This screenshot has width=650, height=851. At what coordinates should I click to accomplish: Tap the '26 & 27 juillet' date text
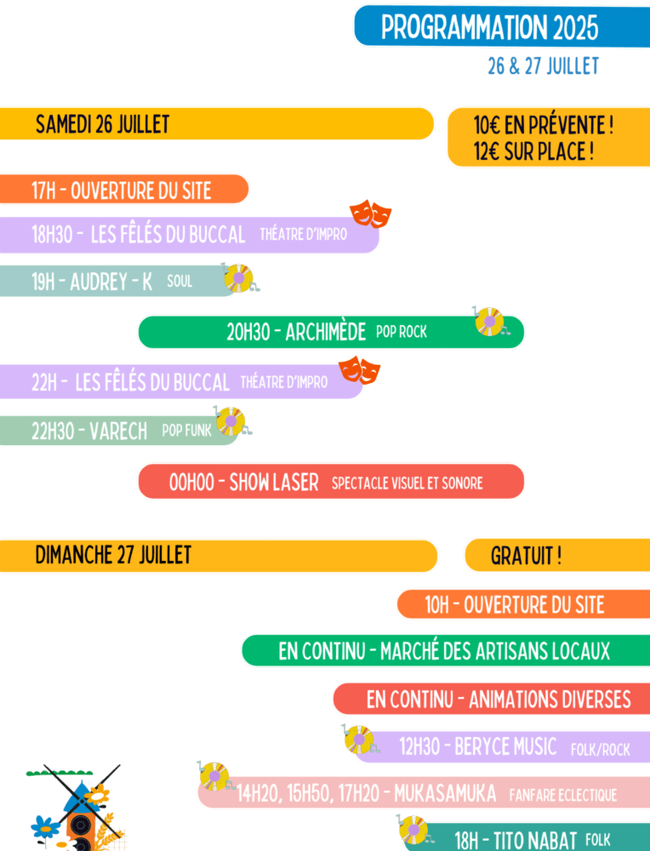tap(543, 66)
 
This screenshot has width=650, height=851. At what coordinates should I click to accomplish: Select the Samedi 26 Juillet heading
tap(102, 124)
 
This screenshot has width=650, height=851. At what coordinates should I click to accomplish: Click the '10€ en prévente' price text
tap(543, 126)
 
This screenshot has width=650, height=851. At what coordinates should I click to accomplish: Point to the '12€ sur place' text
tap(533, 152)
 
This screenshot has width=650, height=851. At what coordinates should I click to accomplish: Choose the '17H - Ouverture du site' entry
tap(121, 190)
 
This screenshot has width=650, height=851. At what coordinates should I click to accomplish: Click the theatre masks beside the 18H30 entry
tap(370, 214)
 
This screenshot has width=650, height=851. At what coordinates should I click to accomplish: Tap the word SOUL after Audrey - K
tap(180, 282)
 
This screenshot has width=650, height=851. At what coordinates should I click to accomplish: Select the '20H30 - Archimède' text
tap(296, 332)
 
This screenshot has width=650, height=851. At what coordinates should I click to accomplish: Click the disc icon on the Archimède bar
tap(489, 321)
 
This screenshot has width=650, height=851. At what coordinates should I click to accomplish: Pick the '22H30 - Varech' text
tap(89, 431)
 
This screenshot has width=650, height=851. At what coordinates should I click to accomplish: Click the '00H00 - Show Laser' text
tap(243, 483)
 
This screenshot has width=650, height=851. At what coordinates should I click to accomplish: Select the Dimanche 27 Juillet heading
tap(113, 556)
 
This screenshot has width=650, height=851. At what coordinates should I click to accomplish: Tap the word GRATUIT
tap(526, 557)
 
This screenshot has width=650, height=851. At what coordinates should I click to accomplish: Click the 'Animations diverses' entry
tap(499, 700)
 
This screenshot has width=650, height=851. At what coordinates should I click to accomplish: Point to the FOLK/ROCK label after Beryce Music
tap(601, 750)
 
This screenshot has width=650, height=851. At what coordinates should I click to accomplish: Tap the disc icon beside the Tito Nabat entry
tap(413, 829)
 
